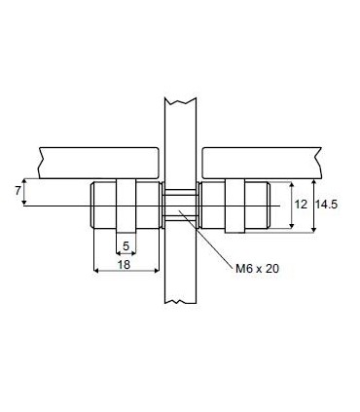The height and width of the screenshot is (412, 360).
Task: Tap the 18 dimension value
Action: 124,264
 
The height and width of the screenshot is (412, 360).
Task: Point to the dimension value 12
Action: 302,205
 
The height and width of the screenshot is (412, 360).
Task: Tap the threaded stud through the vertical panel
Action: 177,206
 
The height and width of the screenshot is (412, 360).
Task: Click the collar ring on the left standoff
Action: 126,206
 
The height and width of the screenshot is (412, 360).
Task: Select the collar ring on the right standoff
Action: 234,206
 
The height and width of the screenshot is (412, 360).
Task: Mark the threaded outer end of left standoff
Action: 96,206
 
